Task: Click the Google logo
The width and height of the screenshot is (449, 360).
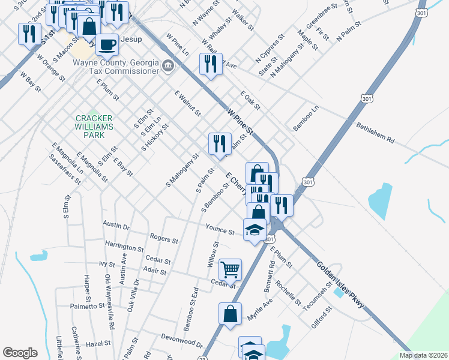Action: (20, 353)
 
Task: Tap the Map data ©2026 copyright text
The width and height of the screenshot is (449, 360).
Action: (423, 355)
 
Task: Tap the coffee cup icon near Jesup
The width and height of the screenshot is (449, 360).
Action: (107, 44)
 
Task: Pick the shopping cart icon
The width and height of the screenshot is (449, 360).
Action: (230, 269)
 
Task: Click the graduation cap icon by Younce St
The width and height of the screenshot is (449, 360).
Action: (255, 229)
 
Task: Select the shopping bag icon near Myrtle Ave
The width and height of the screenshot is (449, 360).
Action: (230, 313)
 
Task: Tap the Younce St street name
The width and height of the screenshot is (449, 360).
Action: (220, 230)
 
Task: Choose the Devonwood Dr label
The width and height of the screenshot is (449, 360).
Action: (181, 341)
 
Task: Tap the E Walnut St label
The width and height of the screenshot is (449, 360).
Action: (187, 103)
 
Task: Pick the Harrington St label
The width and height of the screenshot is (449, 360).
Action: (124, 247)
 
